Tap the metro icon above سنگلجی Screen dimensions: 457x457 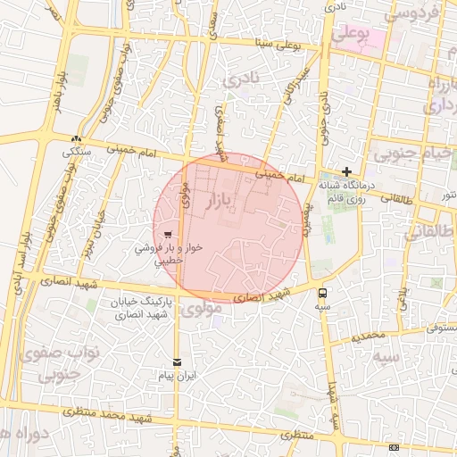[x=78, y=139]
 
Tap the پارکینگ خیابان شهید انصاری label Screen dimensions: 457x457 [x=139, y=309]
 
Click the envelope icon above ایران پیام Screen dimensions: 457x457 [x=177, y=361]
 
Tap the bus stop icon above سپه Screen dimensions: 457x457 [x=321, y=292]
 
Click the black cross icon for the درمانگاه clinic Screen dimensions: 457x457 [x=347, y=172]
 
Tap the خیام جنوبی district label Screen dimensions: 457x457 [x=411, y=154]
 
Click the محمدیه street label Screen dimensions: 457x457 [x=367, y=337]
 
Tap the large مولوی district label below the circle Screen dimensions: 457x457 [x=200, y=311]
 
